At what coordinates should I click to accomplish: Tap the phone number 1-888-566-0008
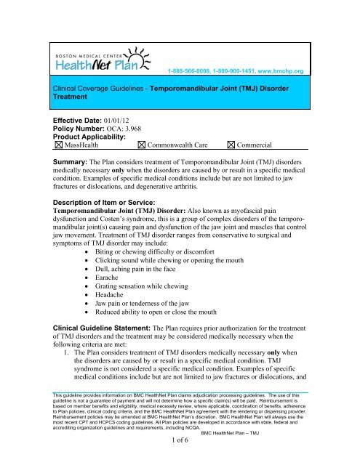[193, 70]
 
